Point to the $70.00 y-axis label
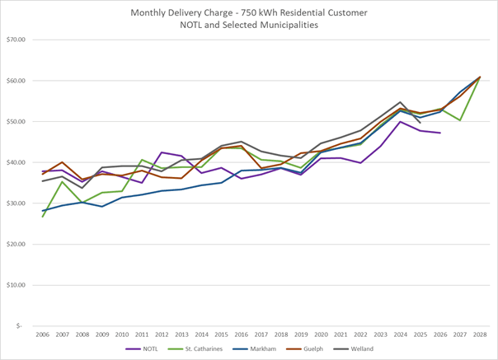(16, 40)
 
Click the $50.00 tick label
(16, 121)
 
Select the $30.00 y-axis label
(16, 203)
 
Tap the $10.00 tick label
(16, 285)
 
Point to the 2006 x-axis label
(43, 334)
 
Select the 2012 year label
(162, 334)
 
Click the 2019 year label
(301, 334)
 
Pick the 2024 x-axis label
(400, 334)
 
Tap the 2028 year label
(479, 334)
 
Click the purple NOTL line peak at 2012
(162, 152)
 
